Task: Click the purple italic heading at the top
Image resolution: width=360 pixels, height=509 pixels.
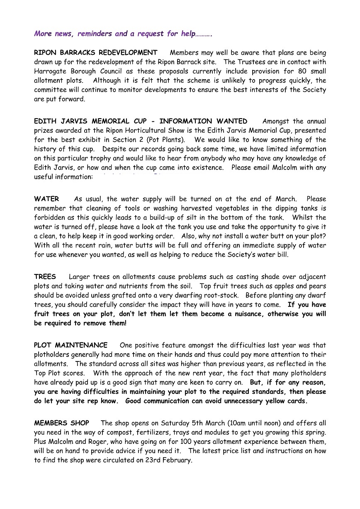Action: (123, 34)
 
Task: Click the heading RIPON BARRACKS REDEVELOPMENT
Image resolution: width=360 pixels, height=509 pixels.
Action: (96, 53)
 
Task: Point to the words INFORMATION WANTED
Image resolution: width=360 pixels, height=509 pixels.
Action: (203, 121)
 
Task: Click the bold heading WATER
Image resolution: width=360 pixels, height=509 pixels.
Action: (46, 199)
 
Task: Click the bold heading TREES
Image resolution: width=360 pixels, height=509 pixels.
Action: (45, 276)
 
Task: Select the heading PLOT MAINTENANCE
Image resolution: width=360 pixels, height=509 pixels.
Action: (71, 345)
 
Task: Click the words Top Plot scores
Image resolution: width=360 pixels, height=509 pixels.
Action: (59, 373)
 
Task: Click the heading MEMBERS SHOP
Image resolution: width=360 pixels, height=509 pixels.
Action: (62, 423)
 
